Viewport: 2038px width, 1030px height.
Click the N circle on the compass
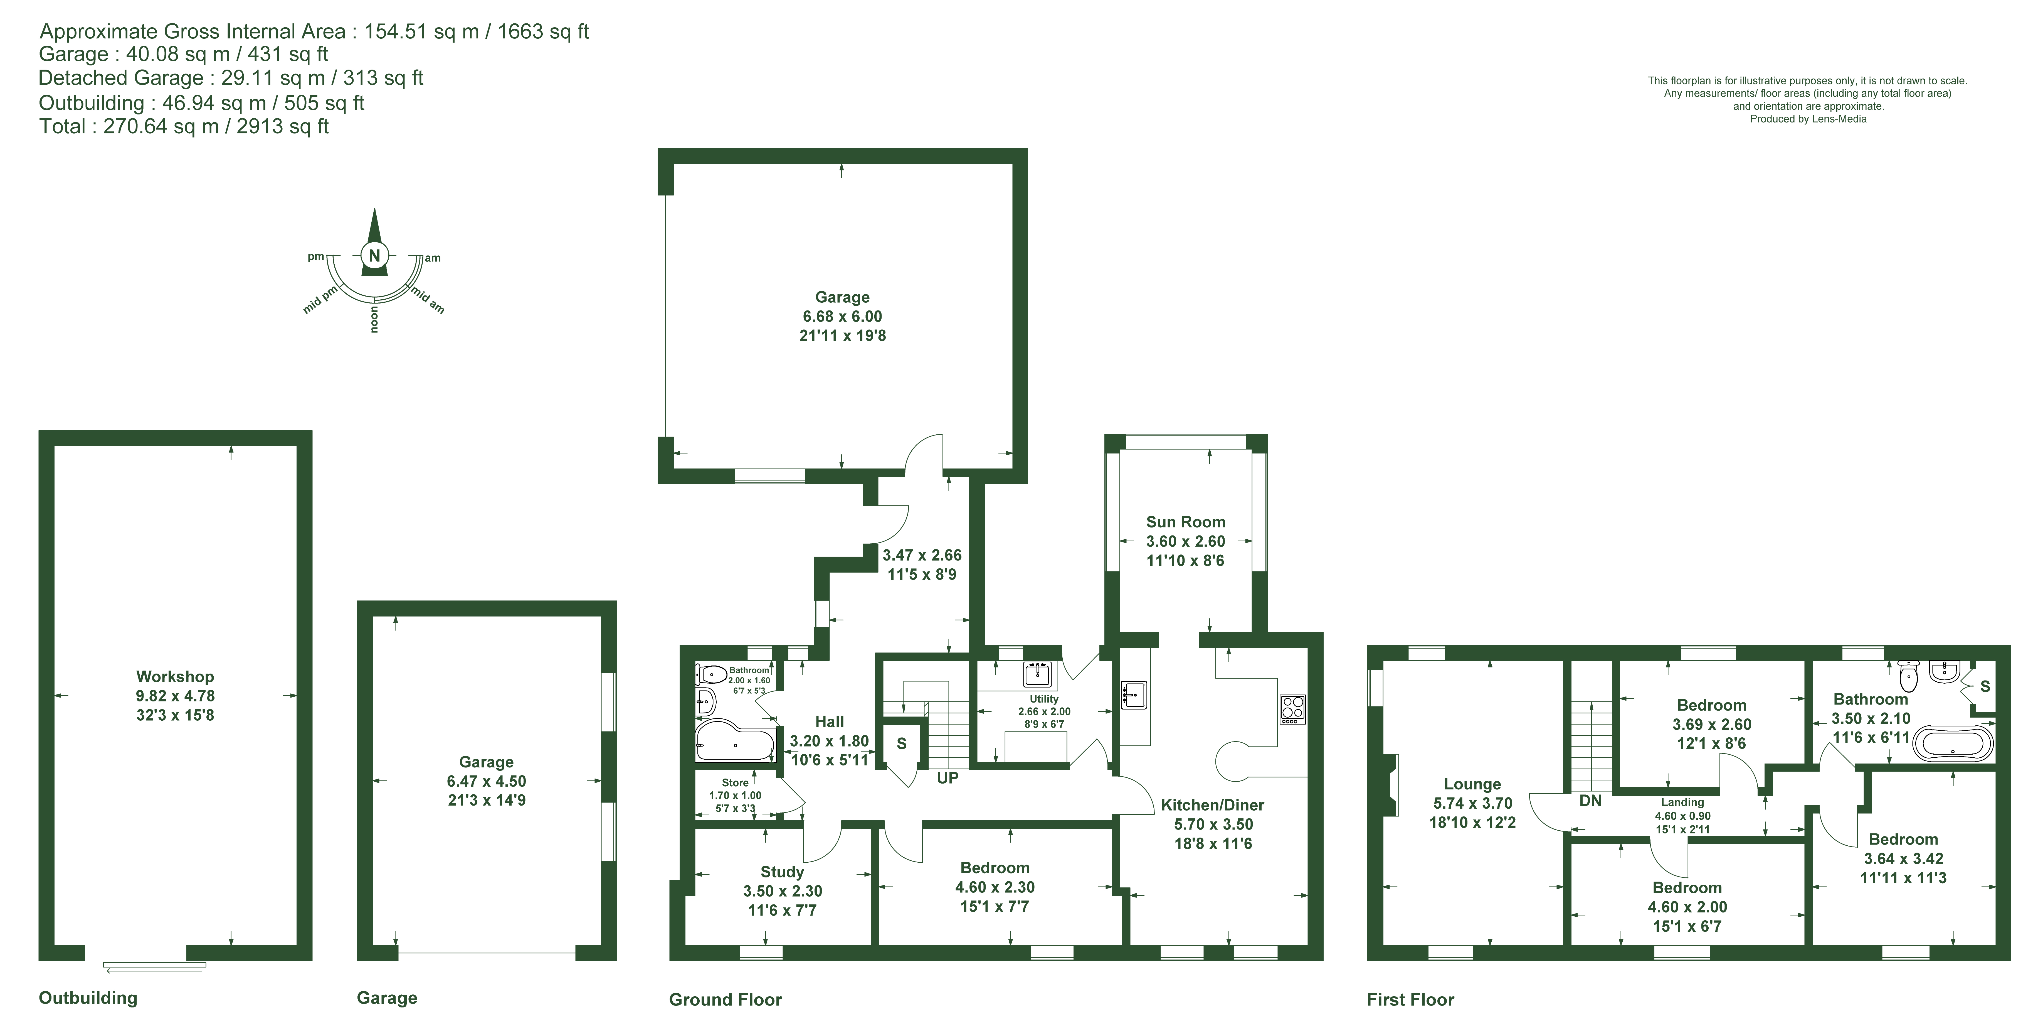375,255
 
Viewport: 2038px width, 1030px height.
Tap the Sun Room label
1185,522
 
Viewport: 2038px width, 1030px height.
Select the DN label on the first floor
1590,800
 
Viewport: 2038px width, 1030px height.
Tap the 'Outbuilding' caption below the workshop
88,997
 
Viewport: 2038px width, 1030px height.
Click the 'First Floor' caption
1411,999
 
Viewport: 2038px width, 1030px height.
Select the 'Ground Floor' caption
726,999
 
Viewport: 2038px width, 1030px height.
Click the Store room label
735,782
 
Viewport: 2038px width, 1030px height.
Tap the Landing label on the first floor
1682,802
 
